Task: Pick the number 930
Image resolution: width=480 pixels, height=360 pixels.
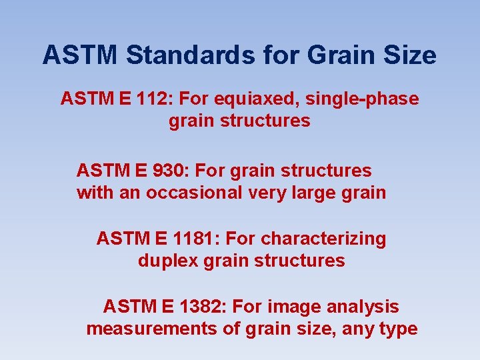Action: point(167,171)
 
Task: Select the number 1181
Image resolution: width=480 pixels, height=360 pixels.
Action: point(190,238)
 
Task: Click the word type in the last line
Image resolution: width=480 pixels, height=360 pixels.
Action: point(399,329)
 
